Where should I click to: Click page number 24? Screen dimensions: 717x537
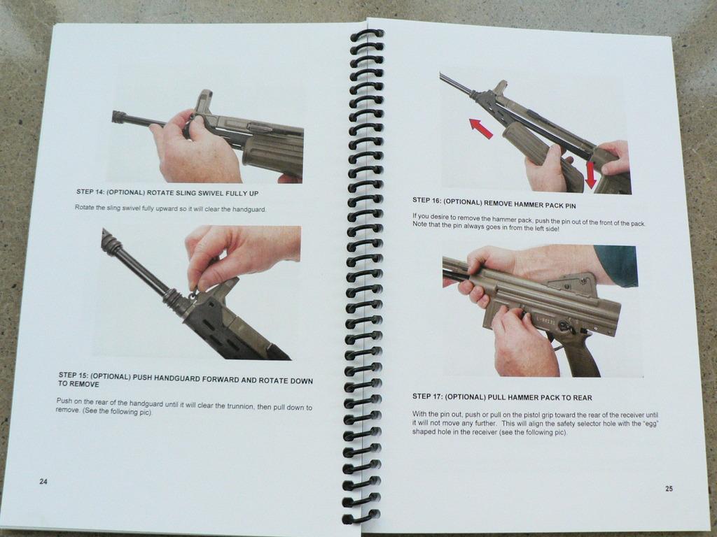(43, 481)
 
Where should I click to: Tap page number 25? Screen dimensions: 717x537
(669, 489)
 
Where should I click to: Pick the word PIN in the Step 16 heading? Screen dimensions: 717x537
(570, 206)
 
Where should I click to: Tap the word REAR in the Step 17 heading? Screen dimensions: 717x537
(583, 398)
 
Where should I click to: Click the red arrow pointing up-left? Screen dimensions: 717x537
(481, 129)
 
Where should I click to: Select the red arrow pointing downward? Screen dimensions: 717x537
(590, 175)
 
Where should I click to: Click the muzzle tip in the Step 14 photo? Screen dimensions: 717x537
(114, 117)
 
